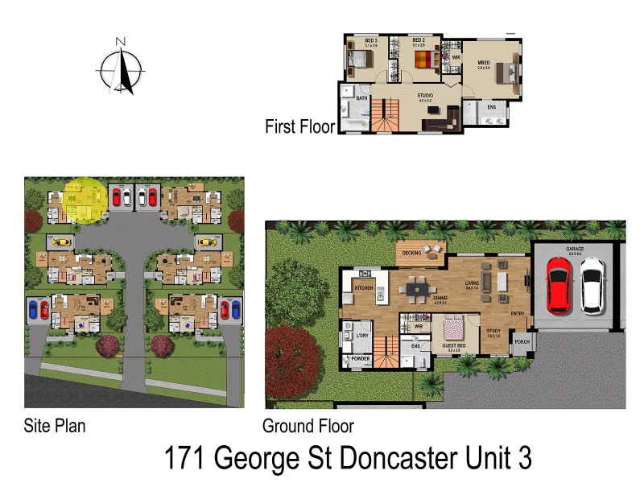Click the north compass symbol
pos(121,66)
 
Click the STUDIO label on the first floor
pos(425,96)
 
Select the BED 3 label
pos(371,39)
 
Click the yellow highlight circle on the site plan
pos(84,199)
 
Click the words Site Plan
pos(55,424)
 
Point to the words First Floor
pos(299,126)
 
